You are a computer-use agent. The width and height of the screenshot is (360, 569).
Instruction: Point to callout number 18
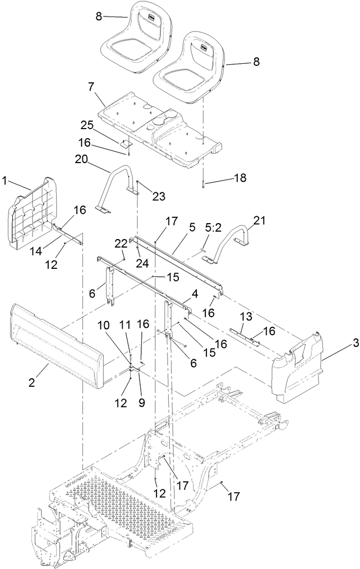(241, 178)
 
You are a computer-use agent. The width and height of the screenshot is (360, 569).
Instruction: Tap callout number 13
(244, 316)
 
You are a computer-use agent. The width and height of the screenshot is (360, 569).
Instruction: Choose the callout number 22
(121, 243)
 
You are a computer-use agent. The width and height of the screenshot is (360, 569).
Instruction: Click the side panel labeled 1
(29, 213)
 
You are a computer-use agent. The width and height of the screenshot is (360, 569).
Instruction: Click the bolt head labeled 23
(138, 182)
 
